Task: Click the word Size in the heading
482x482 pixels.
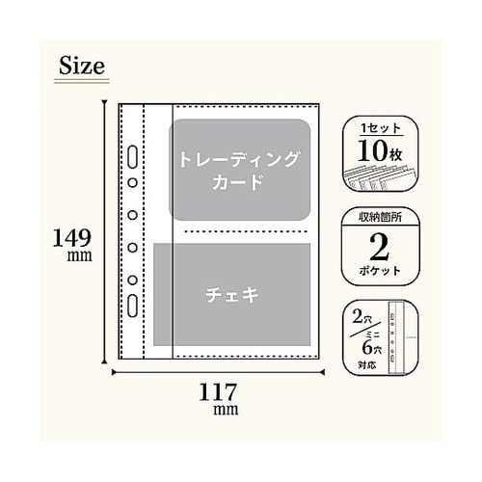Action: tap(80, 67)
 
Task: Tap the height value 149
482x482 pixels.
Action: tap(72, 235)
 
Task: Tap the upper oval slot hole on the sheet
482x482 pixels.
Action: tap(131, 157)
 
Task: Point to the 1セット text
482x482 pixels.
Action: tap(379, 129)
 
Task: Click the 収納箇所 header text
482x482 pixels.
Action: tap(379, 217)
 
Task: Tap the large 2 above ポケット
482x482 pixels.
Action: tap(379, 247)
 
